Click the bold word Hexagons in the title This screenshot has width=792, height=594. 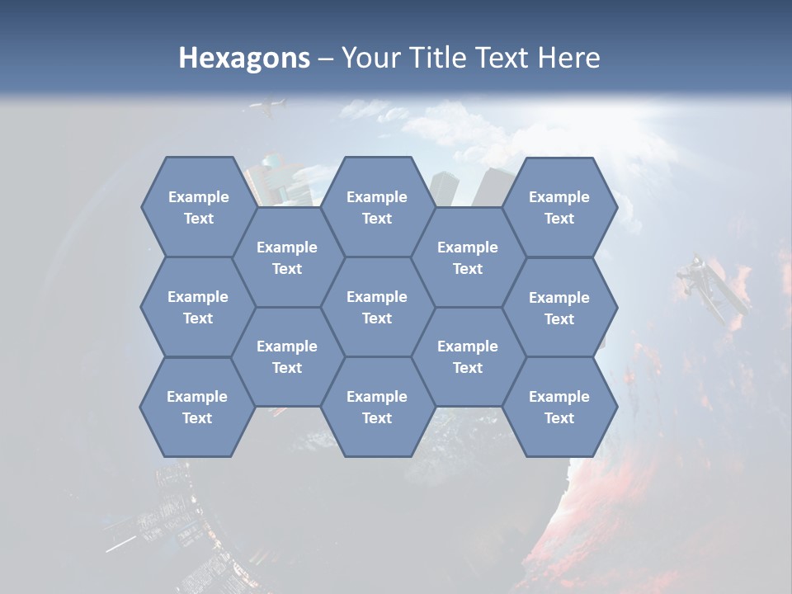244,58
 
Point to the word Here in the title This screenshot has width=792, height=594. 568,58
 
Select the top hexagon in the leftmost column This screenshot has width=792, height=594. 198,207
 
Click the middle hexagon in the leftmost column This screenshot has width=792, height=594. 198,307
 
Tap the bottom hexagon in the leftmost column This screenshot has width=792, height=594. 197,407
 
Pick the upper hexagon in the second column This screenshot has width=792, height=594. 287,257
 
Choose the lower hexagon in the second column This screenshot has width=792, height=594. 287,356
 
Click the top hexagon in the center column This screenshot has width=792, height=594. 377,207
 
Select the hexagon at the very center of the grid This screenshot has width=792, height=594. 377,307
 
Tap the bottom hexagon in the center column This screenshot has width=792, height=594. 377,407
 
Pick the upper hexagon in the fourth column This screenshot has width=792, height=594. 468,257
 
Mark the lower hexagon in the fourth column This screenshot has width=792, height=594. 468,356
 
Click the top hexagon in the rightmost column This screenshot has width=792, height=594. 559,207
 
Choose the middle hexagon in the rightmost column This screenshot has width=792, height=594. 559,308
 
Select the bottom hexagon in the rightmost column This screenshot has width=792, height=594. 559,407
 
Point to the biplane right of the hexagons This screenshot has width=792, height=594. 709,289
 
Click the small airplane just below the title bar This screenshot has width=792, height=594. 268,107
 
